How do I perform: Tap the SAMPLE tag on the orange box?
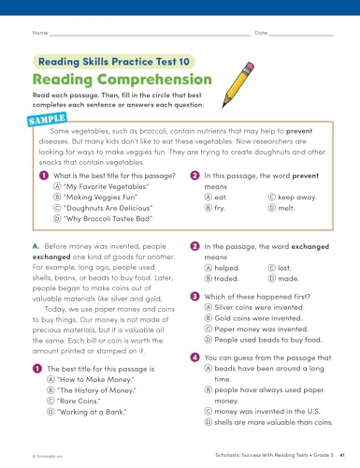48,121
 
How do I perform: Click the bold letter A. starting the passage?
36,245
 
